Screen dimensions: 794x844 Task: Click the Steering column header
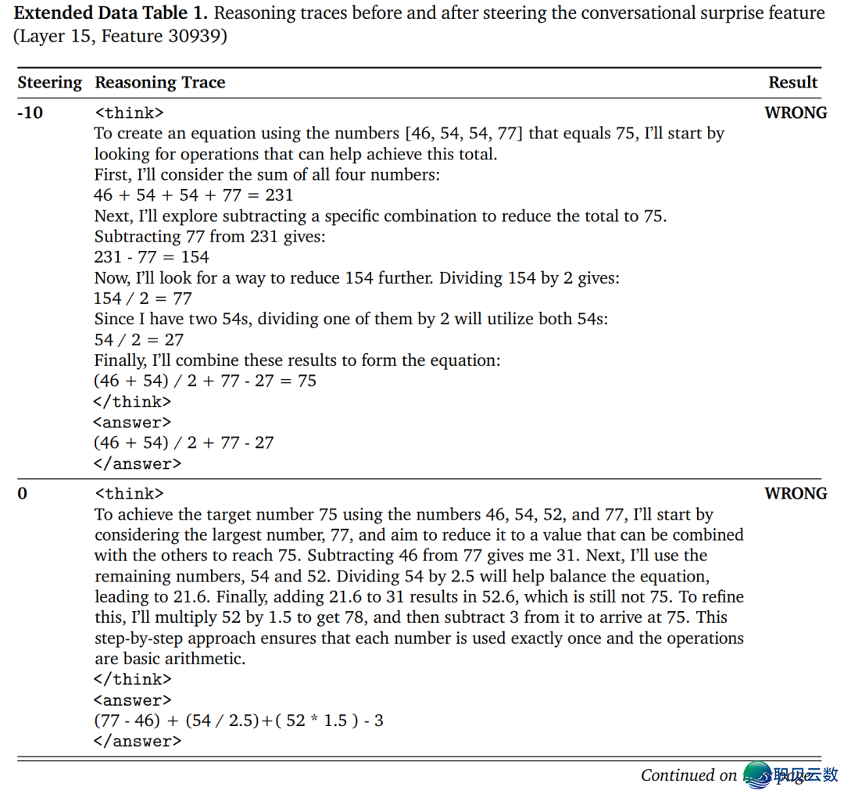pyautogui.click(x=49, y=83)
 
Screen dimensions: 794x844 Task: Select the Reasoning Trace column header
pyautogui.click(x=159, y=83)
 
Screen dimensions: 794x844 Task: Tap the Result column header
pyautogui.click(x=792, y=83)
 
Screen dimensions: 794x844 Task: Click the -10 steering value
pyautogui.click(x=30, y=113)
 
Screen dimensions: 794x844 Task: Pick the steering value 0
pyautogui.click(x=22, y=494)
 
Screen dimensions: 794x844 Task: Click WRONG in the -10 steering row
pyautogui.click(x=796, y=113)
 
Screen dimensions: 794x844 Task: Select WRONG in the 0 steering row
pyautogui.click(x=796, y=494)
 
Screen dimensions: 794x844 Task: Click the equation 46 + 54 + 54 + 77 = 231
pyautogui.click(x=194, y=195)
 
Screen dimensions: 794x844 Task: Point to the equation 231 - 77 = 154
pyautogui.click(x=152, y=257)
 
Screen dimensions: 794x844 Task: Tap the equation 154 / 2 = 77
pyautogui.click(x=143, y=299)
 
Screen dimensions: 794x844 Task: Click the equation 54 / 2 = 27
pyautogui.click(x=138, y=340)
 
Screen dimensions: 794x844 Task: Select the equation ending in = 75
pyautogui.click(x=206, y=381)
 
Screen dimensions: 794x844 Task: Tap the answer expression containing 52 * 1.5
pyautogui.click(x=238, y=721)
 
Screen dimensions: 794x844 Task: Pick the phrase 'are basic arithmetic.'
pyautogui.click(x=170, y=659)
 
